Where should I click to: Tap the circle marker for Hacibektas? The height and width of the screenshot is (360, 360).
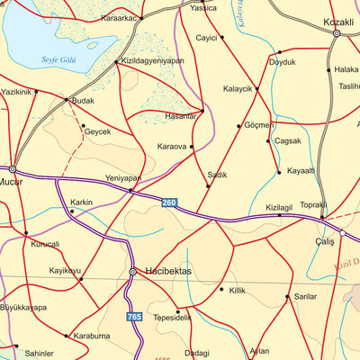click(x=133, y=271)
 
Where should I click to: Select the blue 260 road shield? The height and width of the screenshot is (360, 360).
click(x=170, y=202)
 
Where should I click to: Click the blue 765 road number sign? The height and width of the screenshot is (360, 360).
click(x=134, y=318)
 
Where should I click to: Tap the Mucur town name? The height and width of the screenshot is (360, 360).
click(x=11, y=179)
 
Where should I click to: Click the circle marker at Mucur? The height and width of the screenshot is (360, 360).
click(x=13, y=168)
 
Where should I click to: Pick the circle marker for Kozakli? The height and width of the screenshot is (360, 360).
click(x=336, y=33)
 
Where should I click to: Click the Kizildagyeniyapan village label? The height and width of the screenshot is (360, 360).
click(x=152, y=62)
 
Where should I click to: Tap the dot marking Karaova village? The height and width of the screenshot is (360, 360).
click(x=192, y=146)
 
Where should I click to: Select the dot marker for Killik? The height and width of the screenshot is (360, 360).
click(x=221, y=290)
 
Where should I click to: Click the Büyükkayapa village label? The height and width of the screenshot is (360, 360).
click(x=24, y=307)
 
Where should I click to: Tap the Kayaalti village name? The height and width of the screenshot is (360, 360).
click(x=302, y=171)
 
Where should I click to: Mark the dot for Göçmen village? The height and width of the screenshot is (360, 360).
click(x=238, y=126)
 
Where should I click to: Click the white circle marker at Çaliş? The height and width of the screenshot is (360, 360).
click(x=342, y=234)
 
